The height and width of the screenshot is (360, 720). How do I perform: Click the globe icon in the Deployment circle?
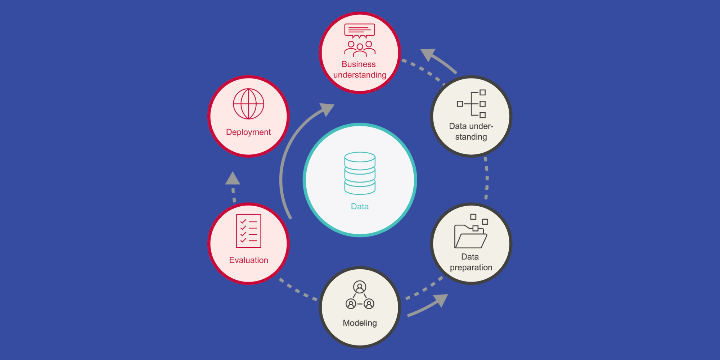coord(248,104)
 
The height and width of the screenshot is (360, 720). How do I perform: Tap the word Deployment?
coord(248,132)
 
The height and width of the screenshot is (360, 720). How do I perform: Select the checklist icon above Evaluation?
coord(248,231)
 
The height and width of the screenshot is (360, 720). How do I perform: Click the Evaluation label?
coord(248,260)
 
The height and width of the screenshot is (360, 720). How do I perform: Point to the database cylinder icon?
coord(360,173)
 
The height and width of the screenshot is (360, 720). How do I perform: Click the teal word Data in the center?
coord(360,206)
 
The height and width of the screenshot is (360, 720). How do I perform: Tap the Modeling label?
coord(360,323)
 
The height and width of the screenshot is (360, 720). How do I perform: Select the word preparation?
coord(471,267)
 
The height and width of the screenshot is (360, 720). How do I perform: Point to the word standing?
coord(471,137)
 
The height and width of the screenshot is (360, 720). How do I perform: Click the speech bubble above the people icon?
coord(360,31)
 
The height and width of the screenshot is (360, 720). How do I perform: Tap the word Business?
coord(359,64)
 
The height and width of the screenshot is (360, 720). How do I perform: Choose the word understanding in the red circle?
coord(360,75)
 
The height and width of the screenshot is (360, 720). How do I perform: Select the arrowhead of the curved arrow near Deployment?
coord(327,109)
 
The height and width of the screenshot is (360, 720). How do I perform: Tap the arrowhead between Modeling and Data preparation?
coord(441,300)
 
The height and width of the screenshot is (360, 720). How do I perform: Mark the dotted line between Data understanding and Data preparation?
coord(487,178)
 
